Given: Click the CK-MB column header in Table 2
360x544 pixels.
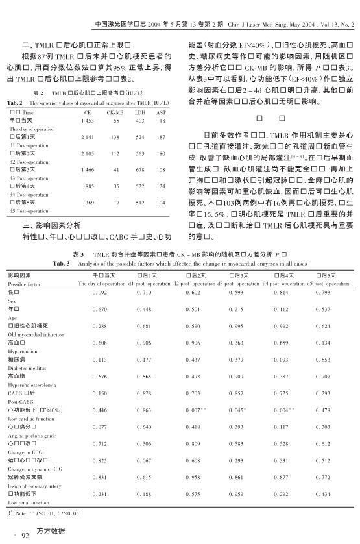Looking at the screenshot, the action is click(x=115, y=112).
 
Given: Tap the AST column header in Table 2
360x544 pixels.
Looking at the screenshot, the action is click(x=160, y=112).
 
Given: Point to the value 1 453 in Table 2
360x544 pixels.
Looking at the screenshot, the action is click(x=88, y=121).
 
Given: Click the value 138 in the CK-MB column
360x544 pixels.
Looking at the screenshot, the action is click(x=115, y=137).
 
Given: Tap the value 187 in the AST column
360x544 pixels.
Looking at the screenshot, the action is click(x=160, y=137).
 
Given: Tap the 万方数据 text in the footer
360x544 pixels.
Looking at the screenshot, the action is click(x=51, y=531).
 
